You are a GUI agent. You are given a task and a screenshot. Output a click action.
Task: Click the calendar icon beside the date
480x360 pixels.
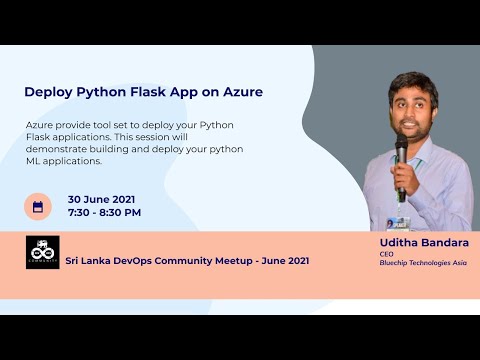tap(38, 207)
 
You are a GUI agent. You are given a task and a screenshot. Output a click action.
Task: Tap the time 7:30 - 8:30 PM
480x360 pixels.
tap(104, 213)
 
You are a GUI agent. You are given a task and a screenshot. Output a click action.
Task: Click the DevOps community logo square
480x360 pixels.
tap(42, 252)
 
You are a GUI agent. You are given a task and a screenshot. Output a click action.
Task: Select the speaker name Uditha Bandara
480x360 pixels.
tap(424, 243)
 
